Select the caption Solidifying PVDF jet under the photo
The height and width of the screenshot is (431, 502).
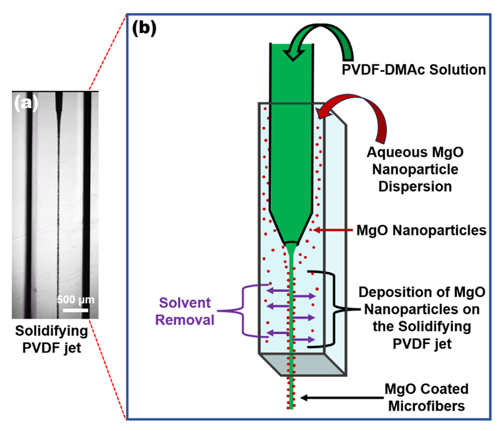51,339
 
